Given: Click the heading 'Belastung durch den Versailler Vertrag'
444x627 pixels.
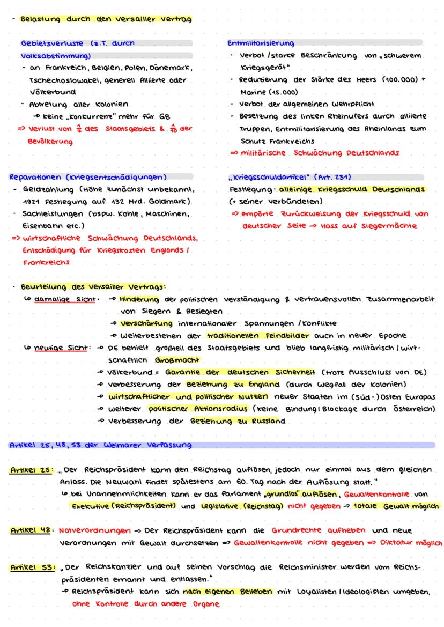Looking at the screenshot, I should click(106, 20).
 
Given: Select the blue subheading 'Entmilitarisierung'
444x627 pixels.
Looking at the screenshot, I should click(261, 43).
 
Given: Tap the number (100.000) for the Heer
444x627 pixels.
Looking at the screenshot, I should click(395, 80).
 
